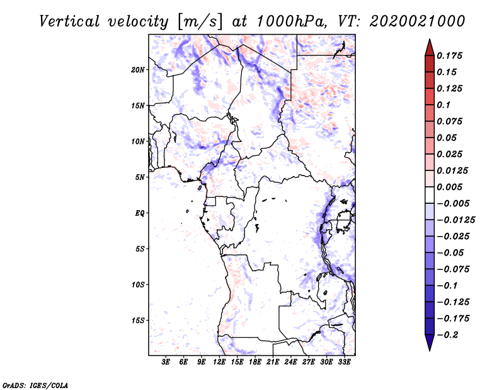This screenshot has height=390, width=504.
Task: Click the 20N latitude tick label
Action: coord(138,69)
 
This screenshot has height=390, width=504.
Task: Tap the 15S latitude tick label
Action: coord(138,321)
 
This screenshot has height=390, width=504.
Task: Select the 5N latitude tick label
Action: coord(140,177)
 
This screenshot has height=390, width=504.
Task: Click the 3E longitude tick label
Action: coord(166,363)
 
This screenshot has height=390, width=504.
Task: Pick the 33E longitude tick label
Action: coord(345,363)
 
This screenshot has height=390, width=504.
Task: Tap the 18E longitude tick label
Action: coord(255,363)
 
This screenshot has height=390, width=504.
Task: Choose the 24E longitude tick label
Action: coord(291,363)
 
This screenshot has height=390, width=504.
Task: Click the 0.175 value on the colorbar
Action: coord(450,56)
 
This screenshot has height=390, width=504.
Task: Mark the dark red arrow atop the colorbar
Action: coord(429,47)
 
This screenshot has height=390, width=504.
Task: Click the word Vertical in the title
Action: coord(69,21)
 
